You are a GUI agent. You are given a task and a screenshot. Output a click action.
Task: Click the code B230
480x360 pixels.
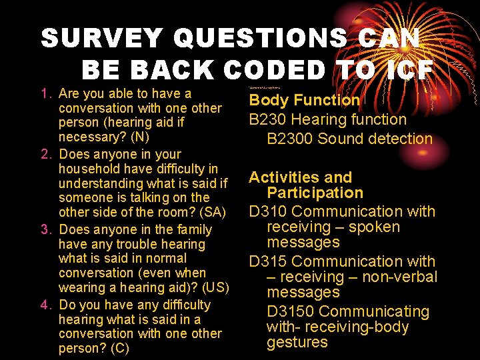pos(268,120)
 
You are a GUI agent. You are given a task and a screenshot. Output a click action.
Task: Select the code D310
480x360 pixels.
pos(268,212)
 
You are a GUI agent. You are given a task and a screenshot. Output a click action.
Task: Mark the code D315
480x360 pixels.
pos(268,262)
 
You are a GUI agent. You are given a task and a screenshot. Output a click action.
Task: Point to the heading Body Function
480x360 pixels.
pos(304,101)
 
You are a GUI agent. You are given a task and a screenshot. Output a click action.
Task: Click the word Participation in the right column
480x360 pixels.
pos(315,193)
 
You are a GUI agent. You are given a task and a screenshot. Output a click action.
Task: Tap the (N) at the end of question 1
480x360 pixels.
pos(141,137)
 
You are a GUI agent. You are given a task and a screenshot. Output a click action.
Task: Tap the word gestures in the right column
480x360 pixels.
pos(297,343)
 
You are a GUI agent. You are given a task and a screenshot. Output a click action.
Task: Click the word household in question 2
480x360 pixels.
pos(90,169)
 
